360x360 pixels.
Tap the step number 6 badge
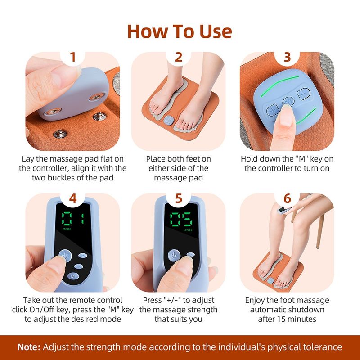pos(288,198)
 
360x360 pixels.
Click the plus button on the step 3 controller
pos(273,109)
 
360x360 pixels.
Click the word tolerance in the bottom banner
pos(320,347)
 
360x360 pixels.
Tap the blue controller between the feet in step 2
pos(169,121)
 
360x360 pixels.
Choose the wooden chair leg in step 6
pos(319,234)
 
